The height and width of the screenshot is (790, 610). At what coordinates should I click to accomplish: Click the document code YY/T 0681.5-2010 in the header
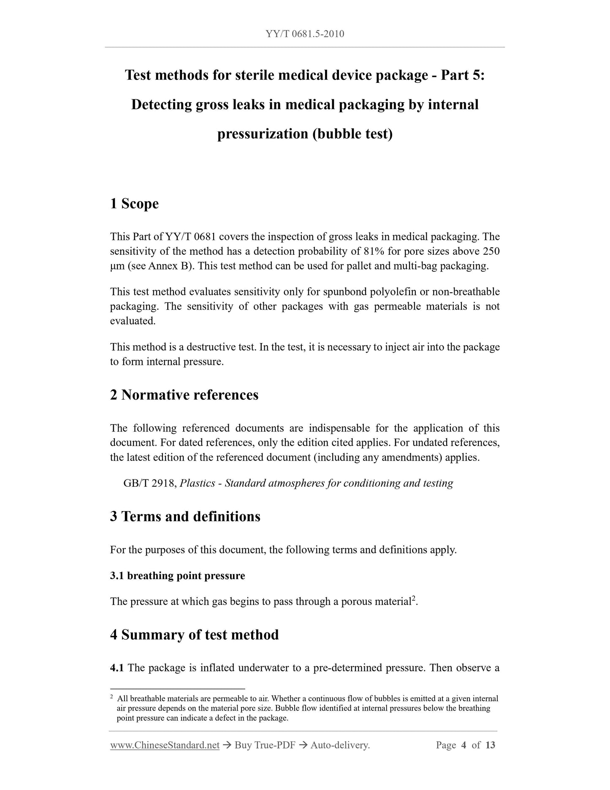(305, 34)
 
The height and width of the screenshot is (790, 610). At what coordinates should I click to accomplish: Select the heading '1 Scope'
(134, 204)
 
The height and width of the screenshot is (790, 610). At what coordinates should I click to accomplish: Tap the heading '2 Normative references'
(184, 395)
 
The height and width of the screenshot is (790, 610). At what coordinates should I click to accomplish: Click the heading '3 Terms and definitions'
(185, 517)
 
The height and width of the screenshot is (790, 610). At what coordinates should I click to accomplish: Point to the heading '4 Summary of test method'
(194, 635)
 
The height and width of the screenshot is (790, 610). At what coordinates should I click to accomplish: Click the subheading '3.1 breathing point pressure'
(177, 576)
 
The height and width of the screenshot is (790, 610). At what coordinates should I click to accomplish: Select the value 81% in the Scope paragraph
(374, 252)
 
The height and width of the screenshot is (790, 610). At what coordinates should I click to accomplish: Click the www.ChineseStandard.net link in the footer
(165, 745)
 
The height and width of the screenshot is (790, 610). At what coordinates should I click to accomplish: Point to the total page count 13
(490, 745)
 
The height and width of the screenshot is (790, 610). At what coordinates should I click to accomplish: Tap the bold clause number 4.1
(117, 668)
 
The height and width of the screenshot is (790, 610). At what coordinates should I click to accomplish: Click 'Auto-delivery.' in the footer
(340, 745)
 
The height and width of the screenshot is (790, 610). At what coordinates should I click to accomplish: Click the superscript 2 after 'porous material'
(414, 598)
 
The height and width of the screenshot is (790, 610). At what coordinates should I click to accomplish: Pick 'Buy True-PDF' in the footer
(265, 745)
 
